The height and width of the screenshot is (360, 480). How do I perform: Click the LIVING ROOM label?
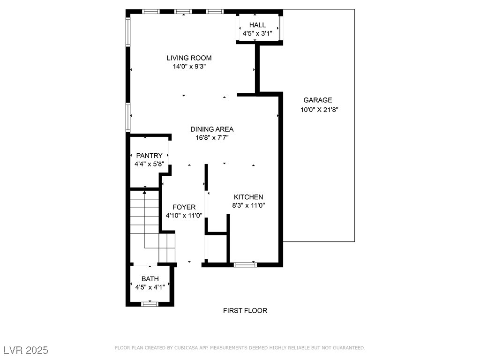point(189,58)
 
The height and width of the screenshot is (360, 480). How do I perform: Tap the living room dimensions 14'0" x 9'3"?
point(189,67)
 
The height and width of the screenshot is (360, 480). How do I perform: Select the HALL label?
point(257,25)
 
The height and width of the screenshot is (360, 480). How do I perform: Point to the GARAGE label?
point(318,100)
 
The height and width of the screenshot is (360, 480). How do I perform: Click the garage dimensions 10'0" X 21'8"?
point(319,110)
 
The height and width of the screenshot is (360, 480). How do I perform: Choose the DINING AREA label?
point(212,129)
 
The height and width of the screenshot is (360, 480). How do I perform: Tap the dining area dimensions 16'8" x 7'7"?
point(212,138)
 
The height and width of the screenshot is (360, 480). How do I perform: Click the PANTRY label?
point(150,156)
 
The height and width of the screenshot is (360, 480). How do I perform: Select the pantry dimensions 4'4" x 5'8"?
point(150,164)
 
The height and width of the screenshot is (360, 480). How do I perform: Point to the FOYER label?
point(184,207)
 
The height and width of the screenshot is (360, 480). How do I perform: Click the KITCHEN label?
point(248,197)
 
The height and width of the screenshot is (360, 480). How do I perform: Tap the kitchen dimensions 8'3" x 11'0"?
point(248,205)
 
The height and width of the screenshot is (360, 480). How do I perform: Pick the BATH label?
point(150,279)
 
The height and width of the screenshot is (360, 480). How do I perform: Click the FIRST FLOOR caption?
point(245,311)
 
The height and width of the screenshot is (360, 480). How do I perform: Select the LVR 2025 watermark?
point(26,350)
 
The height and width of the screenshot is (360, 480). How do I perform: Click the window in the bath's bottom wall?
point(150,304)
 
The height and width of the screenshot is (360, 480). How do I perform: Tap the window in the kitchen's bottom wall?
point(246,265)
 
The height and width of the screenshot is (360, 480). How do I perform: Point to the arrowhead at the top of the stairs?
point(144,192)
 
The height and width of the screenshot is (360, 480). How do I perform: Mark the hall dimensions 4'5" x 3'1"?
point(257,34)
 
